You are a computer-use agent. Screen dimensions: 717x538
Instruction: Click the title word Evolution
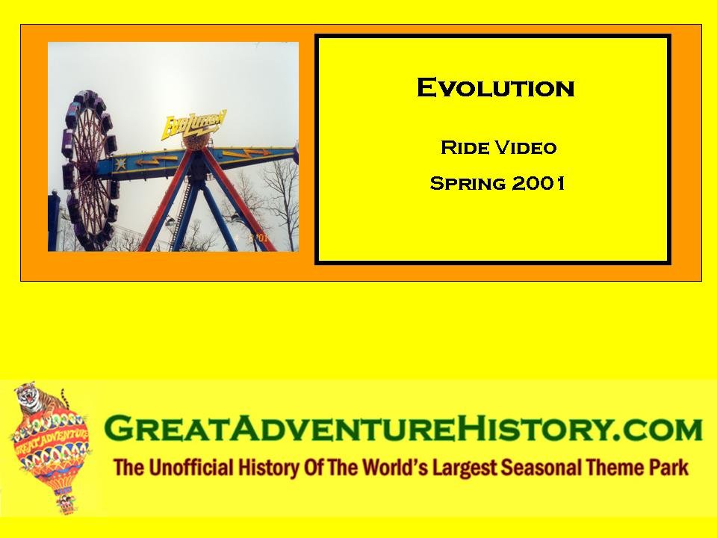(x=496, y=87)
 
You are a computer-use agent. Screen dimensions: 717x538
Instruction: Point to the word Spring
(x=468, y=184)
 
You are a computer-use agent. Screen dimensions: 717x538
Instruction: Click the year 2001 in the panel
(x=538, y=183)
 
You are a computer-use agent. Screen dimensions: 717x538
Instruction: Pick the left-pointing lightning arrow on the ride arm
(x=155, y=161)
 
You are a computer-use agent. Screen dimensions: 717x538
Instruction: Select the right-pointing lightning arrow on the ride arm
(x=247, y=152)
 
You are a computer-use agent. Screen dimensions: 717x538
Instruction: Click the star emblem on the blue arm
(x=121, y=164)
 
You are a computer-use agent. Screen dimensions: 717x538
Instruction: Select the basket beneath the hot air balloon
(x=66, y=504)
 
